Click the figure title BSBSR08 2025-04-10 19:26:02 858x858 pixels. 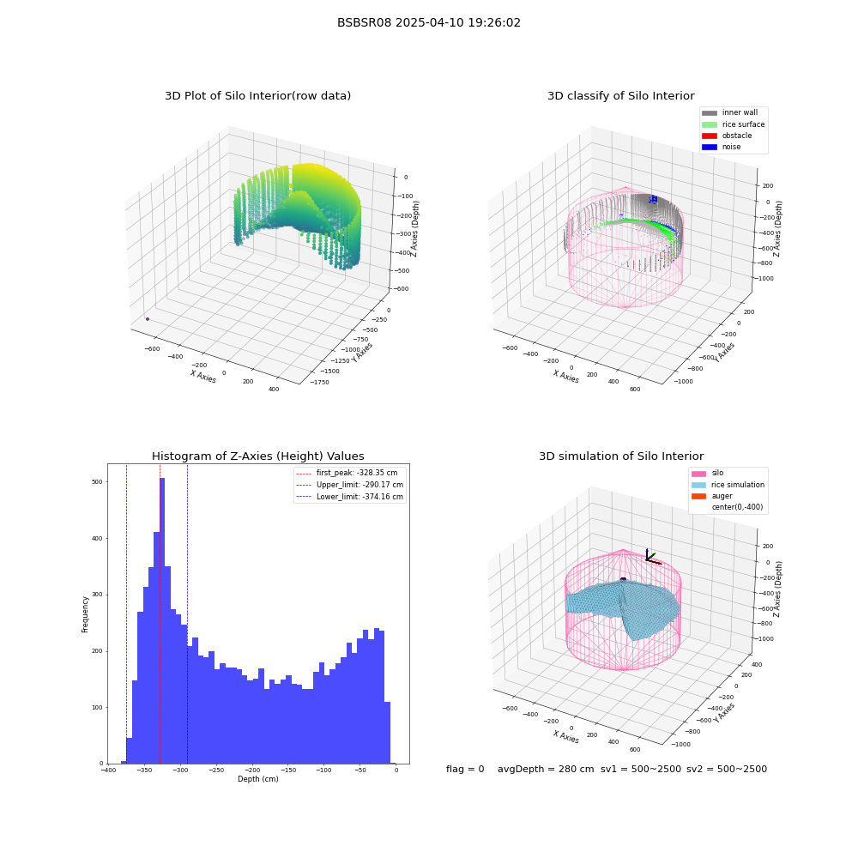(428, 22)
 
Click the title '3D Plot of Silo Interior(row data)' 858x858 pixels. (257, 96)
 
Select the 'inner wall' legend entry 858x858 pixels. (730, 112)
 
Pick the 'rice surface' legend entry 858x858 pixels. (734, 124)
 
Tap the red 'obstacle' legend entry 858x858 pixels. (727, 136)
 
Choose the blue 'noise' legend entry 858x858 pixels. (722, 147)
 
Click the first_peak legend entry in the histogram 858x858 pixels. (347, 473)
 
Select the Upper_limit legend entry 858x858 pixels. (349, 485)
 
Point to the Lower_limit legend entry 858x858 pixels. (349, 497)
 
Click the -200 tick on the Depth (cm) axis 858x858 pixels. (251, 770)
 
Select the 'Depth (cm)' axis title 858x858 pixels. (257, 779)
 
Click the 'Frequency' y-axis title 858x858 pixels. (85, 614)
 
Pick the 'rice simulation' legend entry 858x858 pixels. (728, 485)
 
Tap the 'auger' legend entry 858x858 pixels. (712, 496)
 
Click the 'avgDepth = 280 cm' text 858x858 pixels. (546, 769)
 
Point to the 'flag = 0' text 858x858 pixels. (465, 769)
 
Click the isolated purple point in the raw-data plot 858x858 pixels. (148, 319)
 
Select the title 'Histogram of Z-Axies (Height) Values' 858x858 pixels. (257, 456)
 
